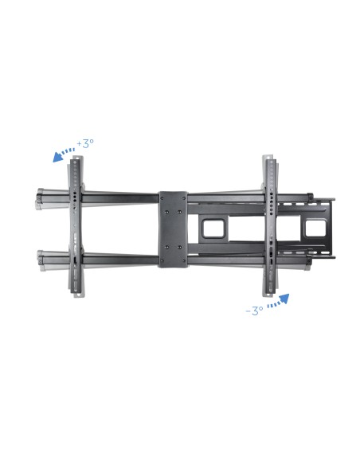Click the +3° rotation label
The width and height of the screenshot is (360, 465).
(x=85, y=143)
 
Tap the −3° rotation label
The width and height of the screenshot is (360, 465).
(x=254, y=311)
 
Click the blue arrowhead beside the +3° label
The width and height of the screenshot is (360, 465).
(x=57, y=157)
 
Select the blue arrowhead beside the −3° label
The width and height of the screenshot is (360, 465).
(x=284, y=299)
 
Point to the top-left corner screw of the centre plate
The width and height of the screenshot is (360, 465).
(x=162, y=197)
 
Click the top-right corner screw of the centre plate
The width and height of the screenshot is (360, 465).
(x=184, y=197)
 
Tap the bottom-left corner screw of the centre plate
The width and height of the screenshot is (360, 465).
(x=162, y=261)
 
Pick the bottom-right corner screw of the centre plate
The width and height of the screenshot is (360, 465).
(x=184, y=261)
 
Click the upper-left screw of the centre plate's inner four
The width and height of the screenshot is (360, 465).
(x=166, y=212)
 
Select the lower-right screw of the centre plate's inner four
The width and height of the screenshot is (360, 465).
(x=179, y=247)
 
